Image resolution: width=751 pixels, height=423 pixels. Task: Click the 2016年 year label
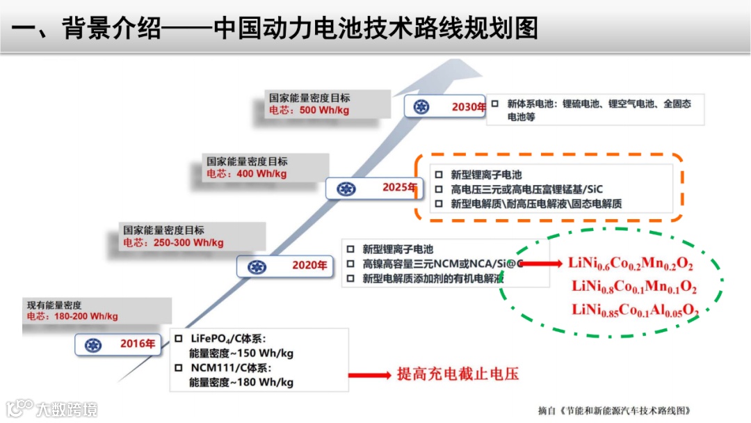(x=137, y=343)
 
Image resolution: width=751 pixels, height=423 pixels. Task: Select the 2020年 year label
(x=309, y=265)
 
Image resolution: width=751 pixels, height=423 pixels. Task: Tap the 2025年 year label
(x=398, y=187)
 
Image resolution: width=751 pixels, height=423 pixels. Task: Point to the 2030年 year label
(x=468, y=106)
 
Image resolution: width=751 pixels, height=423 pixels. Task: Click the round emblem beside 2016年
(x=93, y=344)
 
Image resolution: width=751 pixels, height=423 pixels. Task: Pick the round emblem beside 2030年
(x=421, y=106)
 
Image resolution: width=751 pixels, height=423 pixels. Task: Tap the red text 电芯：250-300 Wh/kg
(x=173, y=243)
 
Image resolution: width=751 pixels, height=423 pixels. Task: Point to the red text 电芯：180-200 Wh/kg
(x=72, y=316)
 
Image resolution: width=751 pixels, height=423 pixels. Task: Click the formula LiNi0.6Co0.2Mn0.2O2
(x=631, y=264)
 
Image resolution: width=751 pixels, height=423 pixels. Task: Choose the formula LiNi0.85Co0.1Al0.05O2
(x=635, y=310)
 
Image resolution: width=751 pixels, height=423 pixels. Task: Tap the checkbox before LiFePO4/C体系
(x=179, y=338)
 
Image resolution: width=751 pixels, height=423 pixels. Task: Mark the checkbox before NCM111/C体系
(x=179, y=367)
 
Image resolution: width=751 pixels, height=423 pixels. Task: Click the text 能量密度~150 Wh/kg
(x=241, y=353)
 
